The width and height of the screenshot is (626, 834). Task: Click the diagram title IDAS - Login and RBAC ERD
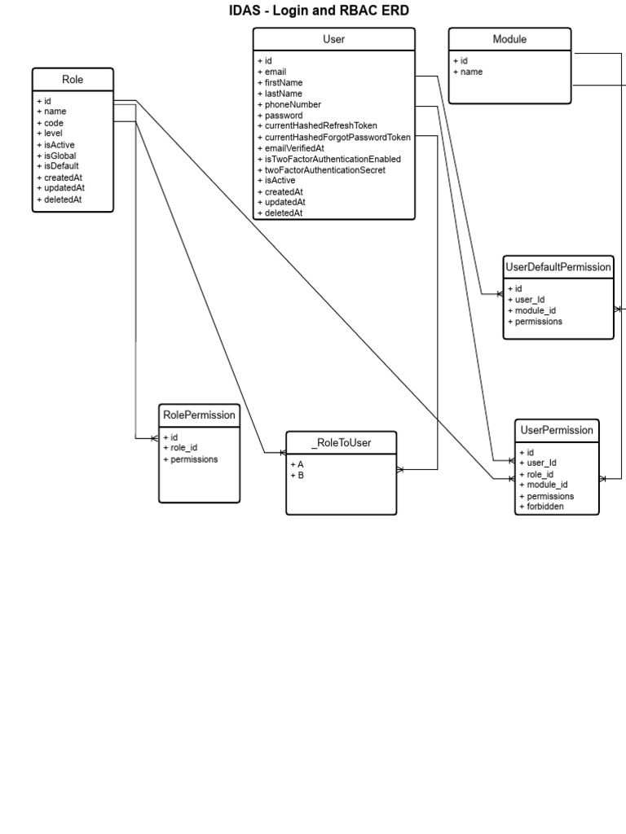point(320,11)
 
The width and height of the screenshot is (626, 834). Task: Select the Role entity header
point(73,79)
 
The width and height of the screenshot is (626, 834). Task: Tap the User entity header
point(333,39)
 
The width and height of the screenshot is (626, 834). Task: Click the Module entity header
point(509,39)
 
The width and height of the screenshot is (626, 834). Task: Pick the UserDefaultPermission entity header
point(558,267)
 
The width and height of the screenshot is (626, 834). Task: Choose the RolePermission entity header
point(200,415)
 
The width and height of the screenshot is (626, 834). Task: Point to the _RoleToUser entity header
point(342,442)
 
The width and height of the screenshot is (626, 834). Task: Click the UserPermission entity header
point(557,430)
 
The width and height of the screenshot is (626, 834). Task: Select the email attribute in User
point(276,72)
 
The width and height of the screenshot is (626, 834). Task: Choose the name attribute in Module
point(471,72)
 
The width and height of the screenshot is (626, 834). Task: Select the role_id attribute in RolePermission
point(183,448)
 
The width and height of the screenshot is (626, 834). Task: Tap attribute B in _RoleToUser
point(300,475)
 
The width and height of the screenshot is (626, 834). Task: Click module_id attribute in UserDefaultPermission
point(536,310)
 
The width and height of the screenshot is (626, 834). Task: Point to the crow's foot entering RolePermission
point(154,438)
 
